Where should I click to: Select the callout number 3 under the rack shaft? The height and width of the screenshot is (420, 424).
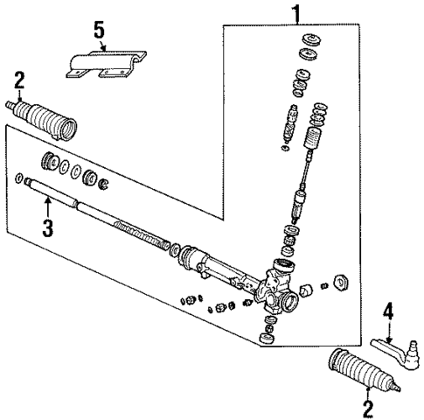[x=48, y=230]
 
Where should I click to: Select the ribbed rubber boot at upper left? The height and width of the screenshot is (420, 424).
[x=49, y=122]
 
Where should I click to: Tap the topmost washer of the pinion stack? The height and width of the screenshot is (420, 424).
[x=310, y=41]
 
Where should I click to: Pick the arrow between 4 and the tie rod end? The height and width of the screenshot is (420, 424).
[x=389, y=328]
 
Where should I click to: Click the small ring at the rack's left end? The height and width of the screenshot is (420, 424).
[x=18, y=179]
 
